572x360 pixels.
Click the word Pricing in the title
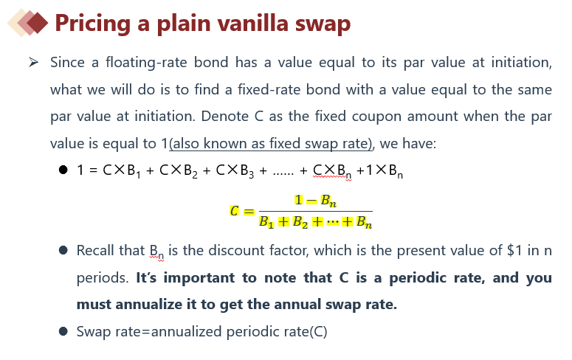(93, 24)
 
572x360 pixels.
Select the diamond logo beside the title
(28, 23)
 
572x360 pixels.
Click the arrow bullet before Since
(33, 63)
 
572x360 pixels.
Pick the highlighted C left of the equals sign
(234, 211)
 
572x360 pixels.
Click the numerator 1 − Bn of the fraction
(316, 200)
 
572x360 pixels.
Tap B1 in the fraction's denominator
(266, 222)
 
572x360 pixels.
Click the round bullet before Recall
(63, 251)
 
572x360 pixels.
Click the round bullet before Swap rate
(63, 331)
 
